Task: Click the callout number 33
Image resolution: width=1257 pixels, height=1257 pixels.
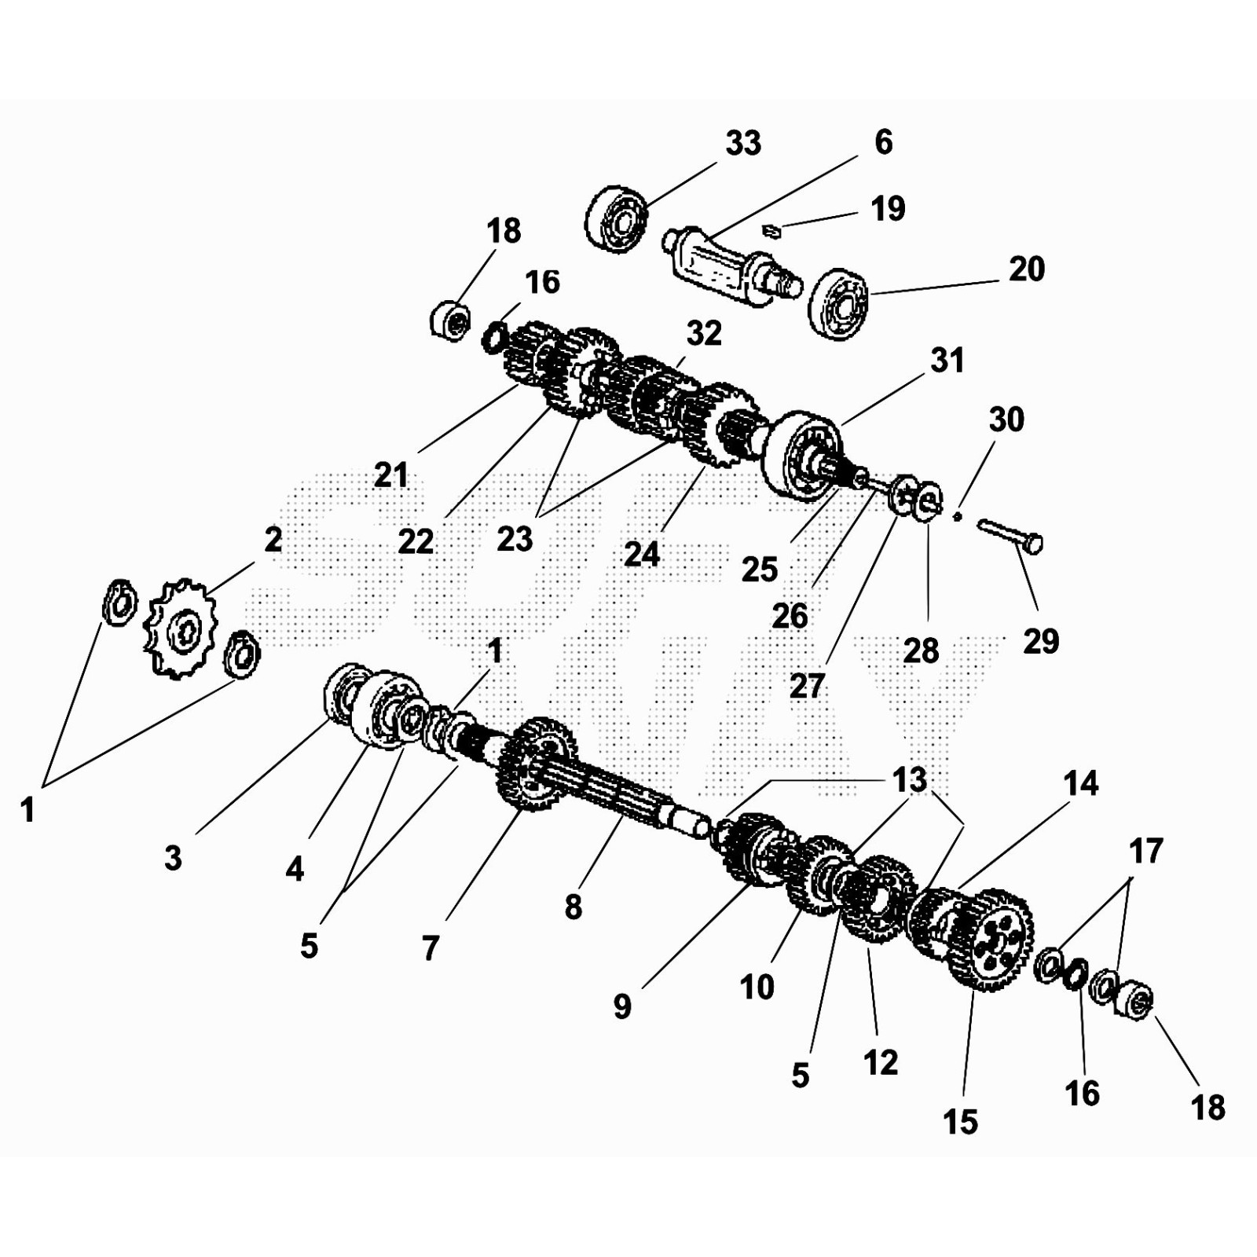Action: pos(742,144)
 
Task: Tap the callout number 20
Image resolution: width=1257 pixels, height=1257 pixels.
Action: pos(1026,269)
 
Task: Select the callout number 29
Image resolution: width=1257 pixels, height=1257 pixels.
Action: pos(1041,642)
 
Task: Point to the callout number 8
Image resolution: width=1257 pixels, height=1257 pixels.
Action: pos(574,907)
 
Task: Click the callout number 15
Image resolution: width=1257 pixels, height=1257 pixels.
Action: pos(960,1122)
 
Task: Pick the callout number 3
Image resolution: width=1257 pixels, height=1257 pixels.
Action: pos(173,857)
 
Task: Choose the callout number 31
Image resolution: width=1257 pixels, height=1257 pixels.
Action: pos(947,361)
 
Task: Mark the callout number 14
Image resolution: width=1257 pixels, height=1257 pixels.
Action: pos(1080,783)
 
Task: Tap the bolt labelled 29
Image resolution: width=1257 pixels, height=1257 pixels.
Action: pos(1010,535)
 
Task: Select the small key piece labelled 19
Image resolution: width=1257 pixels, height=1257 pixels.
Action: pos(771,229)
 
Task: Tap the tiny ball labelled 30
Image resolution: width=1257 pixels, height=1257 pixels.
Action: pos(957,516)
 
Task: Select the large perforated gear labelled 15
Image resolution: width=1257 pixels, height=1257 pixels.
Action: pos(991,940)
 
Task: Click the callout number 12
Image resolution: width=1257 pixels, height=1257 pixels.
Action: pos(880,1063)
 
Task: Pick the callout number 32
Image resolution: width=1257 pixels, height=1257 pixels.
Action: pos(703,334)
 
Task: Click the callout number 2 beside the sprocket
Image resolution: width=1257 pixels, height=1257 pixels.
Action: pos(273,540)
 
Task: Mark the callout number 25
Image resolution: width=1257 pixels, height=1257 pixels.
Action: pos(759,570)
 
